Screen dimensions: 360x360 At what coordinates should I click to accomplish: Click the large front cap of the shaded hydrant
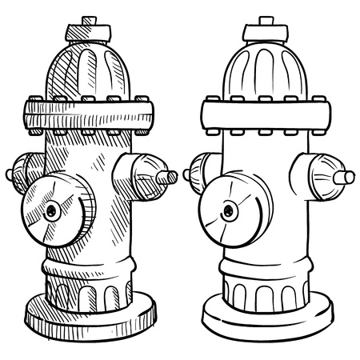tap(51, 210)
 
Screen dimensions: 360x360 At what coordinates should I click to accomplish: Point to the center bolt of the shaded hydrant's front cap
tap(52, 211)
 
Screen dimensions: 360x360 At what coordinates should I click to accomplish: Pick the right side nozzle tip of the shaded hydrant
tap(168, 175)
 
